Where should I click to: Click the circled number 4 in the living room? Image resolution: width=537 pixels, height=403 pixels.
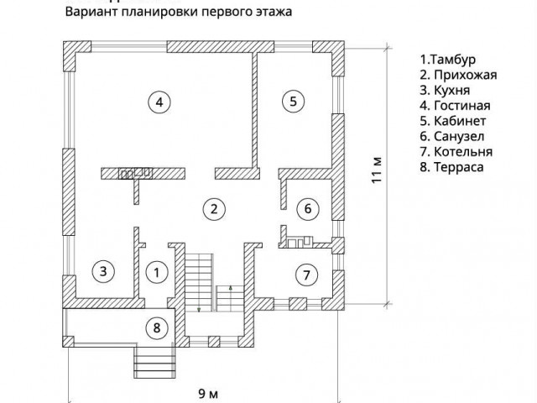(159, 102)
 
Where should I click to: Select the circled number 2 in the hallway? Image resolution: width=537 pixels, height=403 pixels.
(215, 208)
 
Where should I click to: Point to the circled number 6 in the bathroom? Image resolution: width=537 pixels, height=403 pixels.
(307, 207)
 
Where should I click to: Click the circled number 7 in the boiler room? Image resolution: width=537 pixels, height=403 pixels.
(307, 274)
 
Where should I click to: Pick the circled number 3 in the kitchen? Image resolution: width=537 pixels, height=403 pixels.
(102, 271)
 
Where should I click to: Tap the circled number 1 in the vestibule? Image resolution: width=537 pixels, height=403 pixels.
(156, 271)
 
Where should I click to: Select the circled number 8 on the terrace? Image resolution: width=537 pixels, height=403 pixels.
(156, 327)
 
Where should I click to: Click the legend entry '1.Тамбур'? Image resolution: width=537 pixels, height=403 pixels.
(448, 60)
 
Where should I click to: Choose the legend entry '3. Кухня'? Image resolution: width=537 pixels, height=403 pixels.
(446, 91)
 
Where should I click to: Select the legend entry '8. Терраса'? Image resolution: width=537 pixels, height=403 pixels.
(452, 167)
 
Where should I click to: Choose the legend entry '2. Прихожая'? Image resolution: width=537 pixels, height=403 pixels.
(458, 76)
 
